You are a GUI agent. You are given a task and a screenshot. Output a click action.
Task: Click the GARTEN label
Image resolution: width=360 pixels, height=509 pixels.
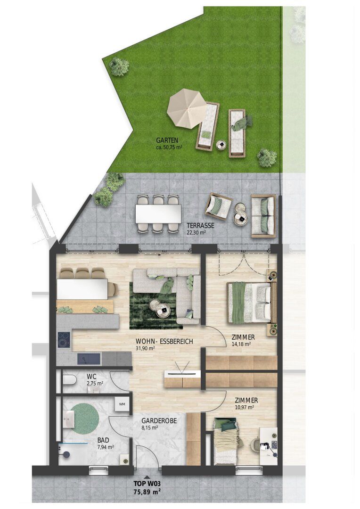167,140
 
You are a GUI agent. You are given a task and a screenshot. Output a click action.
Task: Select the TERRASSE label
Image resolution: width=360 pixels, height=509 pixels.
200,226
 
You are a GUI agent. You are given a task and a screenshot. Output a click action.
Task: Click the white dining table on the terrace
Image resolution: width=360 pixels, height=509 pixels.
158,213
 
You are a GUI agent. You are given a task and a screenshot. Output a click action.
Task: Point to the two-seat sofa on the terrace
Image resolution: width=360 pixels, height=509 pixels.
263,215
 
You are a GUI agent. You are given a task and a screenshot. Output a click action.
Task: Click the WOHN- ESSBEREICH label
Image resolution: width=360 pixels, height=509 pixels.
164,342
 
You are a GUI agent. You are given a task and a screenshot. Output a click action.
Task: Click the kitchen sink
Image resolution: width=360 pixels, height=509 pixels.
88,359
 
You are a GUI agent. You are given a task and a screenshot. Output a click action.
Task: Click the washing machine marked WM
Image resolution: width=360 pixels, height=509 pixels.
123,404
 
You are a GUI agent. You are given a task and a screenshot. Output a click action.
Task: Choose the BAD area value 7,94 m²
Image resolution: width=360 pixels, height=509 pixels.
105,447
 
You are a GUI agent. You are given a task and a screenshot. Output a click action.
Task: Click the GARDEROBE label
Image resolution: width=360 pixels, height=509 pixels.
159,421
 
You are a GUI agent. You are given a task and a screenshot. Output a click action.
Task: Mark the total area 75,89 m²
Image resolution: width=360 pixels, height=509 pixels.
147,492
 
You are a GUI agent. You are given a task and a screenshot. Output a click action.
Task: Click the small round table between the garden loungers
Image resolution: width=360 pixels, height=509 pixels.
222,145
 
